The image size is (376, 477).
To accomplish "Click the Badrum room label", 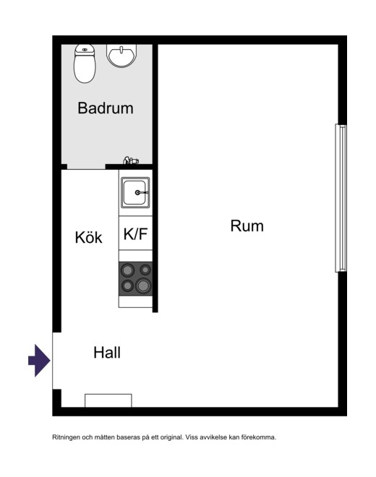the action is [106, 108].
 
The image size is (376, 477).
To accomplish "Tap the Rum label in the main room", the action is [247, 226].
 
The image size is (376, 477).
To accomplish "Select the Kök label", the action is [89, 237].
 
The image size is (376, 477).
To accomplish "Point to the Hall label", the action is [107, 353].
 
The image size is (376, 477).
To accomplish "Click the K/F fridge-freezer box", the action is [135, 233].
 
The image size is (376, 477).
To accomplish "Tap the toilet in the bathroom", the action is [85, 64].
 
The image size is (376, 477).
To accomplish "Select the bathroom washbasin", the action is [121, 56].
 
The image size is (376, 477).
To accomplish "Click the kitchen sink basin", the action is [135, 193].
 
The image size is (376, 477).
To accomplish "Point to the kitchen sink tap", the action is [141, 192].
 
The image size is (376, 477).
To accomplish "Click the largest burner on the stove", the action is [142, 285].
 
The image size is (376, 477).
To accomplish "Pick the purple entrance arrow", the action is [39, 361].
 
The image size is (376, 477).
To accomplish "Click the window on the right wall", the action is [341, 198].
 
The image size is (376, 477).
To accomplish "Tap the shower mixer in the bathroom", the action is [131, 160].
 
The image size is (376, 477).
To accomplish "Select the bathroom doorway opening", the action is [86, 167].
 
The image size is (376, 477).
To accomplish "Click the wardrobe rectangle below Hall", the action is [108, 400].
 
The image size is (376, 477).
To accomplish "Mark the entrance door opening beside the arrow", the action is [56, 361].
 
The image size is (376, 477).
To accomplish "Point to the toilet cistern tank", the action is [85, 49].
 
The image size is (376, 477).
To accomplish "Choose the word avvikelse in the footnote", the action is [213, 437].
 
